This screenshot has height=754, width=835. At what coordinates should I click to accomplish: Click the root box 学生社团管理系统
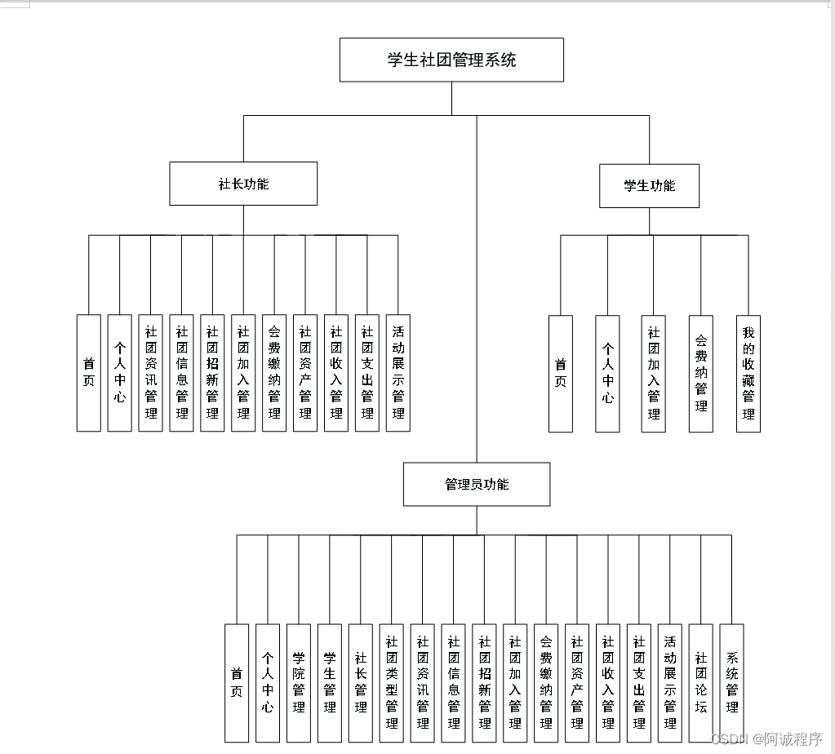[x=451, y=60]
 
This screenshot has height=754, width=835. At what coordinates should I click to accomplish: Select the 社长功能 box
[x=243, y=184]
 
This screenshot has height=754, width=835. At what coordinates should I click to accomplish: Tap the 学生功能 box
[x=650, y=185]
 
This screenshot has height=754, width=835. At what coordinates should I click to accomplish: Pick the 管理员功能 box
[x=477, y=484]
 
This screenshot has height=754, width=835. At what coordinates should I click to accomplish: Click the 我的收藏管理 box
[x=748, y=373]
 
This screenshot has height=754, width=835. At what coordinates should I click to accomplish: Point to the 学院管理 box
[x=299, y=682]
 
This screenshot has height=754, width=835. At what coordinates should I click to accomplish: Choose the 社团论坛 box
[x=701, y=682]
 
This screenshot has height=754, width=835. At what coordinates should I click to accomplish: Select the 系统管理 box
[x=732, y=682]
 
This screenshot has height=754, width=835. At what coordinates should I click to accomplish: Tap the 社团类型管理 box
[x=392, y=682]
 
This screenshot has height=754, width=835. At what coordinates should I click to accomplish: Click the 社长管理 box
[x=361, y=682]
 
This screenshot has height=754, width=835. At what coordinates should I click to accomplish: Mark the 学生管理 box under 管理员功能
[x=330, y=682]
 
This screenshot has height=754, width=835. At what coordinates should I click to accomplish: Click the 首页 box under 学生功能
[x=561, y=373]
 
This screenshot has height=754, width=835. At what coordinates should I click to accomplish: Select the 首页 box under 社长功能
[x=89, y=372]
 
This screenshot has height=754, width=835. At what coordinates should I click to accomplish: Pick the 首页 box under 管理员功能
[x=237, y=682]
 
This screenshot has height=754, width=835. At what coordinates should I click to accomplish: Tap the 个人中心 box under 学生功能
[x=607, y=373]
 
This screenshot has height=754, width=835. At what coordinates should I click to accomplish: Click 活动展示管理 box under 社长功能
[x=398, y=372]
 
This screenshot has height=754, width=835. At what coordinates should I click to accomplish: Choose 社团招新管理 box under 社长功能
[x=212, y=372]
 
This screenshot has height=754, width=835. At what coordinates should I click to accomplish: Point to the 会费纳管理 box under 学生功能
[x=700, y=373]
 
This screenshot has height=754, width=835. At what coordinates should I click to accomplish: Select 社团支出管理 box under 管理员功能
[x=639, y=682]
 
